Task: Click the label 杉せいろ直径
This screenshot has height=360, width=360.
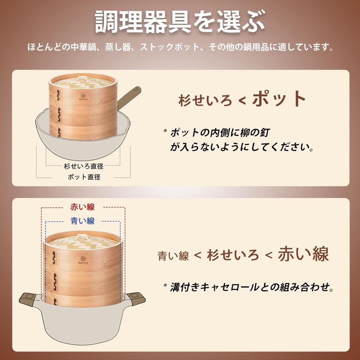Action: pyautogui.click(x=84, y=166)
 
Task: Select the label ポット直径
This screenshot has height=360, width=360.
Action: pyautogui.click(x=84, y=177)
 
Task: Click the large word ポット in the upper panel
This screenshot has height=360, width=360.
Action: pyautogui.click(x=279, y=99)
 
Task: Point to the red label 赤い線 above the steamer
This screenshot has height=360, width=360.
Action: pyautogui.click(x=82, y=207)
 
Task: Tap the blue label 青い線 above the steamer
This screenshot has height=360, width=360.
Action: pyautogui.click(x=82, y=221)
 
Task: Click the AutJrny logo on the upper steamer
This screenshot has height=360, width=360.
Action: pyautogui.click(x=83, y=97)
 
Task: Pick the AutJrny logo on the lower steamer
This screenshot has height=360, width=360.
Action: pyautogui.click(x=83, y=260)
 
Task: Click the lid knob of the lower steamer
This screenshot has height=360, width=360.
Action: pyautogui.click(x=81, y=237)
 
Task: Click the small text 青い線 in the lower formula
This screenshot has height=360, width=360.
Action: pyautogui.click(x=173, y=256)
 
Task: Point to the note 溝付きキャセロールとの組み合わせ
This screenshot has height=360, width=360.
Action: pyautogui.click(x=251, y=287)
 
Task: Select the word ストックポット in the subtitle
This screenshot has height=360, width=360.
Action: pyautogui.click(x=170, y=47)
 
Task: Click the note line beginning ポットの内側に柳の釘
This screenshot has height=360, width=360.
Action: pyautogui.click(x=220, y=133)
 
